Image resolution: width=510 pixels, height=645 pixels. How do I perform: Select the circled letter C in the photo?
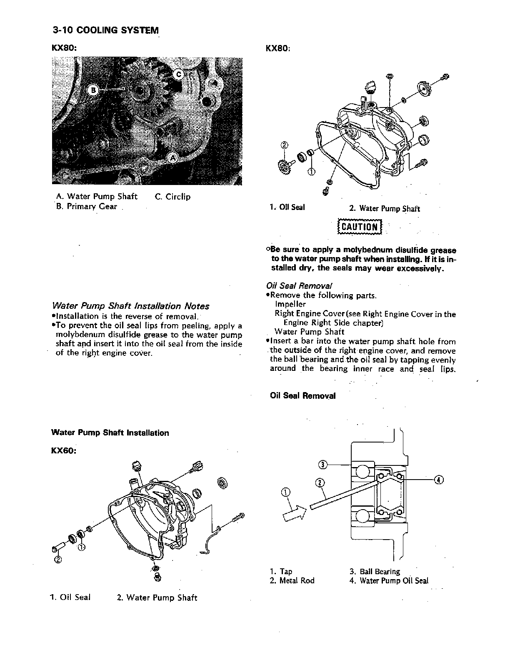178,75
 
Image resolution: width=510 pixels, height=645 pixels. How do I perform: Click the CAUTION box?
359,227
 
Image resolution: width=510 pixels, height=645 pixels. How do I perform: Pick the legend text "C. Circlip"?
172,197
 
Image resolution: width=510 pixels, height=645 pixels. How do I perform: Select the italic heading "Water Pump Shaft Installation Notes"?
130,306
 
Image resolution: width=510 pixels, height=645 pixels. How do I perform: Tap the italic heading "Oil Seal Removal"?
299,286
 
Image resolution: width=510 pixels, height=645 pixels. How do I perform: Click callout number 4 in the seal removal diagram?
438,480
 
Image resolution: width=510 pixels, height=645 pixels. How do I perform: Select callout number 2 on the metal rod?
320,482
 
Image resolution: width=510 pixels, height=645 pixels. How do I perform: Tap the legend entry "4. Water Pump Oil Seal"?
389,581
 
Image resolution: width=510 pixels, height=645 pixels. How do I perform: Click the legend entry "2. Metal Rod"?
292,581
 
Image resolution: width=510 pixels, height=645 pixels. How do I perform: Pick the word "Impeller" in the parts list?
290,305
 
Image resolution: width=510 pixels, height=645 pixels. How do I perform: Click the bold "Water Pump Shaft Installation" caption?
110,433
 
